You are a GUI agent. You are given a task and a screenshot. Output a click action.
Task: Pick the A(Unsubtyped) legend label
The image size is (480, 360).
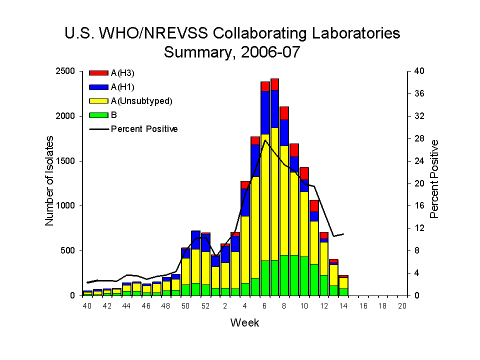(141, 101)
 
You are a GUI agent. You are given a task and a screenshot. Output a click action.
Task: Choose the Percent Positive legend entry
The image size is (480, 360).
(144, 129)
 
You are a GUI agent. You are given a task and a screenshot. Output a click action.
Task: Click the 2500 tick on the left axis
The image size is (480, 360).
(66, 71)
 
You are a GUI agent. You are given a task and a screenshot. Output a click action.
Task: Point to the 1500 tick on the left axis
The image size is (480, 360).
(66, 161)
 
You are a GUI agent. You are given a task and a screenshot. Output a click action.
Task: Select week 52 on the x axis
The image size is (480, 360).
(205, 306)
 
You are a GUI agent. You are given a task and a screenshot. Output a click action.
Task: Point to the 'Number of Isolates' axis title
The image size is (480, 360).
(50, 183)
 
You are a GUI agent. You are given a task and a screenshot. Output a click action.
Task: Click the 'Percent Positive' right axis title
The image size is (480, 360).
(434, 179)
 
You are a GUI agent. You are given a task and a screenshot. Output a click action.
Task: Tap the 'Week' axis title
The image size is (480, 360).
(245, 323)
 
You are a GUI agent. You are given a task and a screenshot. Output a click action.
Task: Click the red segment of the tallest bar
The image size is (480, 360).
(275, 84)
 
